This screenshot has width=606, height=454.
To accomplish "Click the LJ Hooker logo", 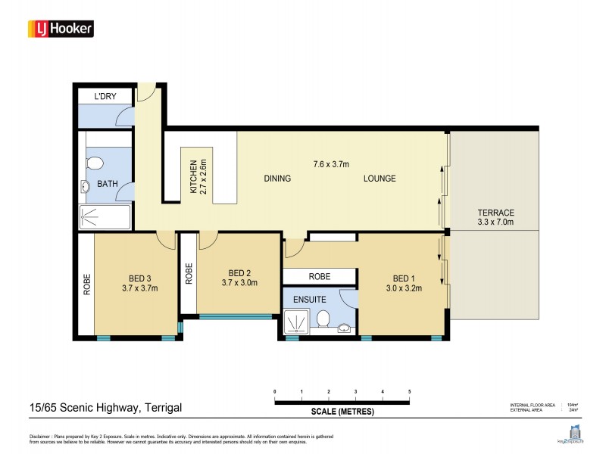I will [61, 29].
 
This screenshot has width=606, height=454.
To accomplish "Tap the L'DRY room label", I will [105, 97].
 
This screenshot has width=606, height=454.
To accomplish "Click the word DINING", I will [277, 179].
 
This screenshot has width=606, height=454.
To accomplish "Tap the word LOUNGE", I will [380, 179].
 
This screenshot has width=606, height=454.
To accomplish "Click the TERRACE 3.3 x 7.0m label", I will [496, 217].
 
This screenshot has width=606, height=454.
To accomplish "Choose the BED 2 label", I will [239, 278].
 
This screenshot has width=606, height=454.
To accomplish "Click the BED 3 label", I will [139, 282].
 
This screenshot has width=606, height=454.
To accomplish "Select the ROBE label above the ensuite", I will [318, 276].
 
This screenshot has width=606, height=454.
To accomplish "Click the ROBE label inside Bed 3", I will [86, 284].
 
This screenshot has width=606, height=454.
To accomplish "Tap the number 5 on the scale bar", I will [409, 391].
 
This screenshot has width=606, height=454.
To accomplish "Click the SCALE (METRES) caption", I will [342, 412].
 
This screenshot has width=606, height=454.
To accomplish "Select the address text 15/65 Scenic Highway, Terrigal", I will [95, 408].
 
